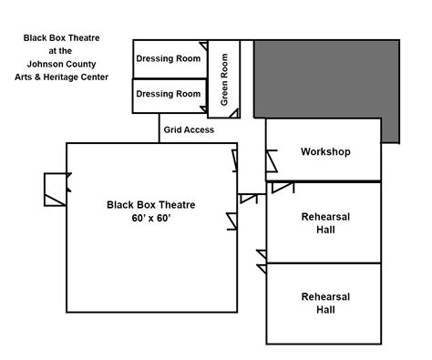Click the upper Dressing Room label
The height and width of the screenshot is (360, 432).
(169, 59)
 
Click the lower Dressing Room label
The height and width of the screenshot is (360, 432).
(169, 94)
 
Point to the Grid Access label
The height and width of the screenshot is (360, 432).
(189, 130)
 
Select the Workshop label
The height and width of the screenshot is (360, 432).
(325, 151)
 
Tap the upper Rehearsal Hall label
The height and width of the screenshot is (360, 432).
(325, 223)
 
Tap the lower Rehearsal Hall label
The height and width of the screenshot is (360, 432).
(325, 303)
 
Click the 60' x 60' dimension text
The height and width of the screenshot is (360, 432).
(151, 221)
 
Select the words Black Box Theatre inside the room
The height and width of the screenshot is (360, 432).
(151, 205)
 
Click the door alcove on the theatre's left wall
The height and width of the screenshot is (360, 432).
(55, 190)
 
